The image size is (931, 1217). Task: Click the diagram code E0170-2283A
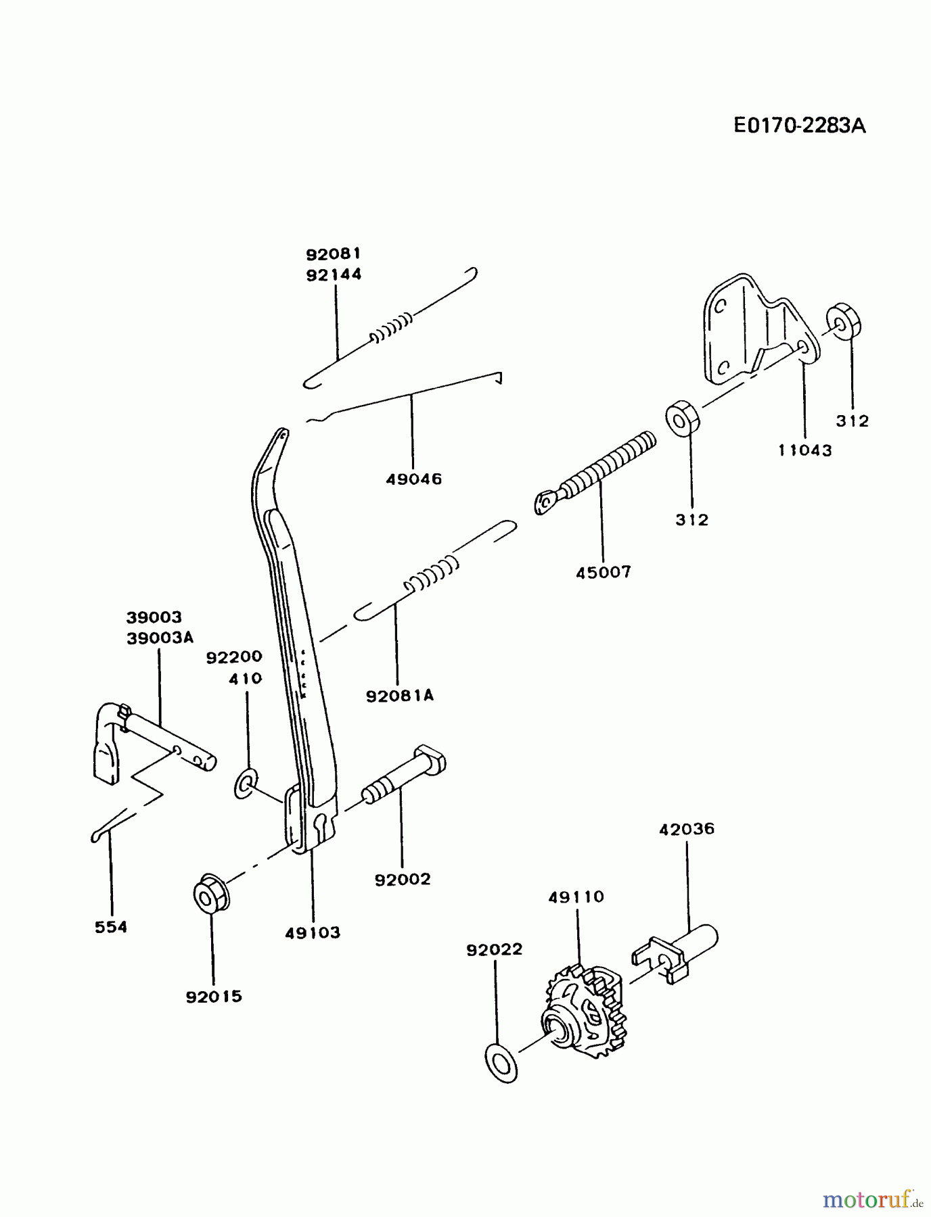tap(799, 126)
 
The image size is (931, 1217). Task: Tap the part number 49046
tap(413, 479)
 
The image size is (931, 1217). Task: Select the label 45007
tap(604, 572)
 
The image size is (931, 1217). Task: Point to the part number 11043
tap(804, 450)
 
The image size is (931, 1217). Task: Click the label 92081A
tap(400, 696)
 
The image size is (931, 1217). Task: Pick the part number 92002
tap(402, 879)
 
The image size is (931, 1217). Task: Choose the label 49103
tap(313, 933)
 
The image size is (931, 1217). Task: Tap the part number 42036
tap(687, 829)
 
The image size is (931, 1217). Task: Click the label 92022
tap(495, 949)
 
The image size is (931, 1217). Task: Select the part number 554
tap(111, 927)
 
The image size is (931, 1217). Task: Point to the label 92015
tap(214, 997)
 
